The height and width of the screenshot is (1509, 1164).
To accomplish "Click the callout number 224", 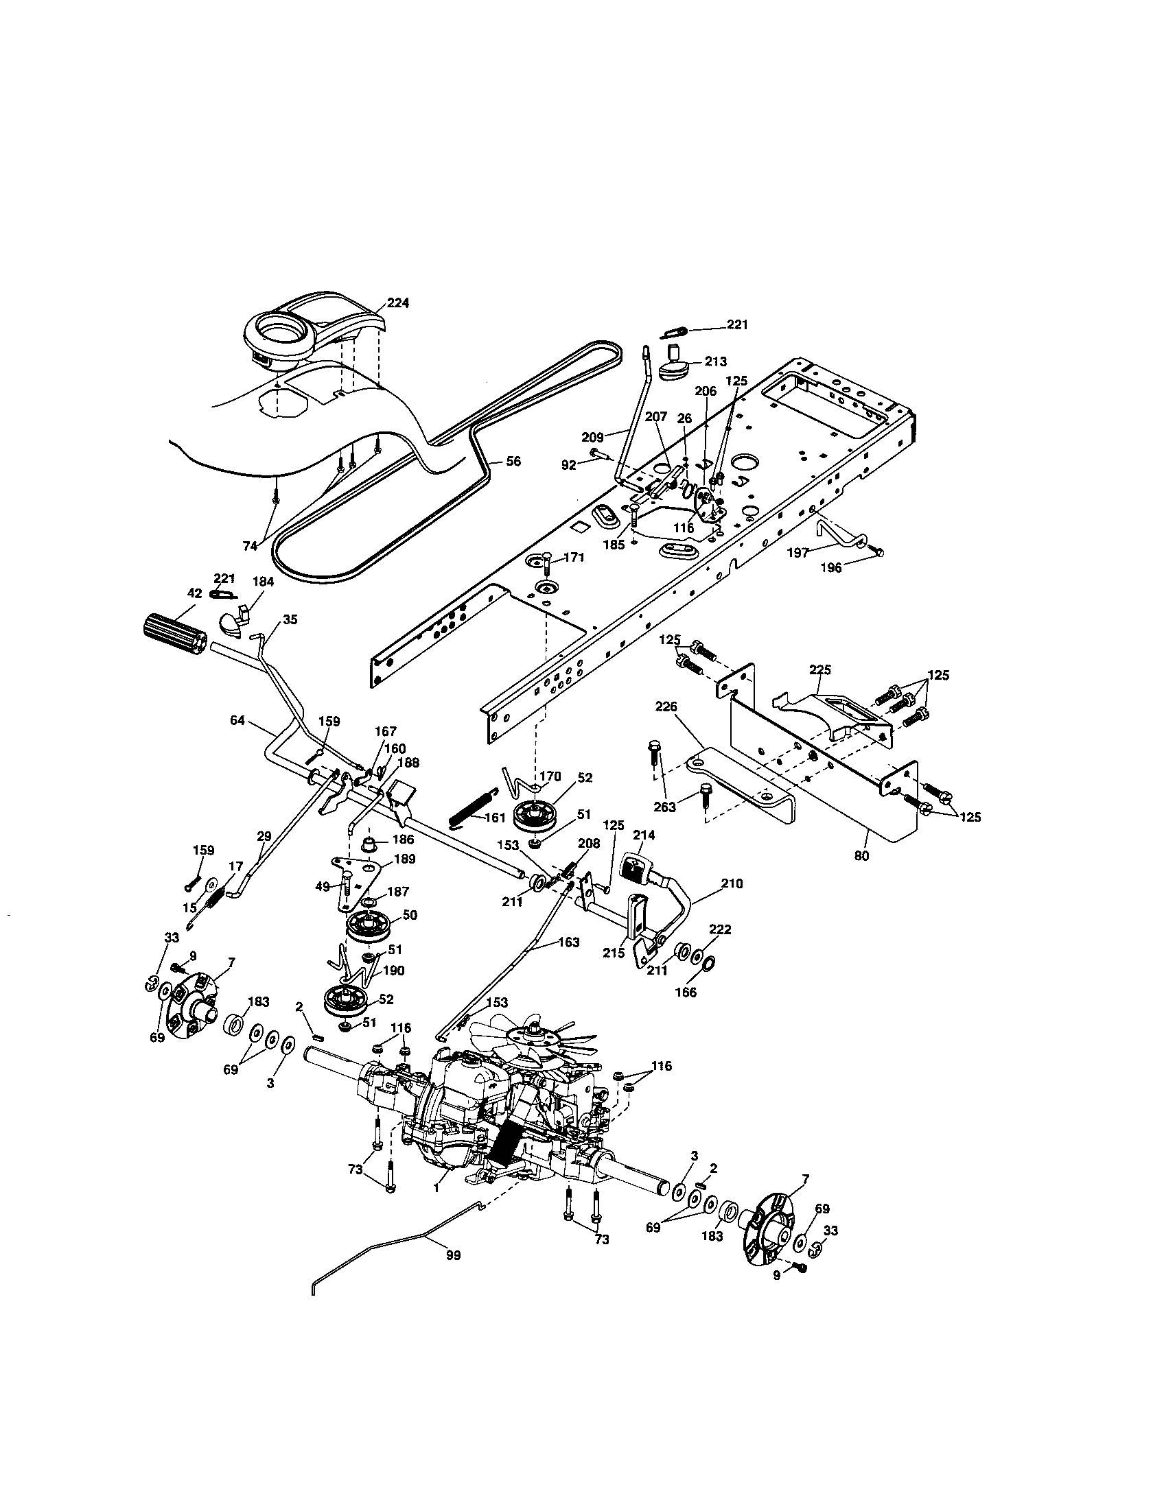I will click(x=397, y=302).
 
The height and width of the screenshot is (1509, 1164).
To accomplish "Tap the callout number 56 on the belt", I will click(x=513, y=462).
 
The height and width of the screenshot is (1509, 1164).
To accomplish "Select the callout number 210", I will click(x=732, y=883).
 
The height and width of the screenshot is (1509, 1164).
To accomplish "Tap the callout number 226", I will click(x=666, y=706).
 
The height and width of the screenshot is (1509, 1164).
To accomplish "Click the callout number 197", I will click(x=798, y=553).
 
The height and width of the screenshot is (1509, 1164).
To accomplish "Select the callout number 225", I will click(x=819, y=669).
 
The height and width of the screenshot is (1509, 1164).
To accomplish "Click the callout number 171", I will click(x=574, y=558).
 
